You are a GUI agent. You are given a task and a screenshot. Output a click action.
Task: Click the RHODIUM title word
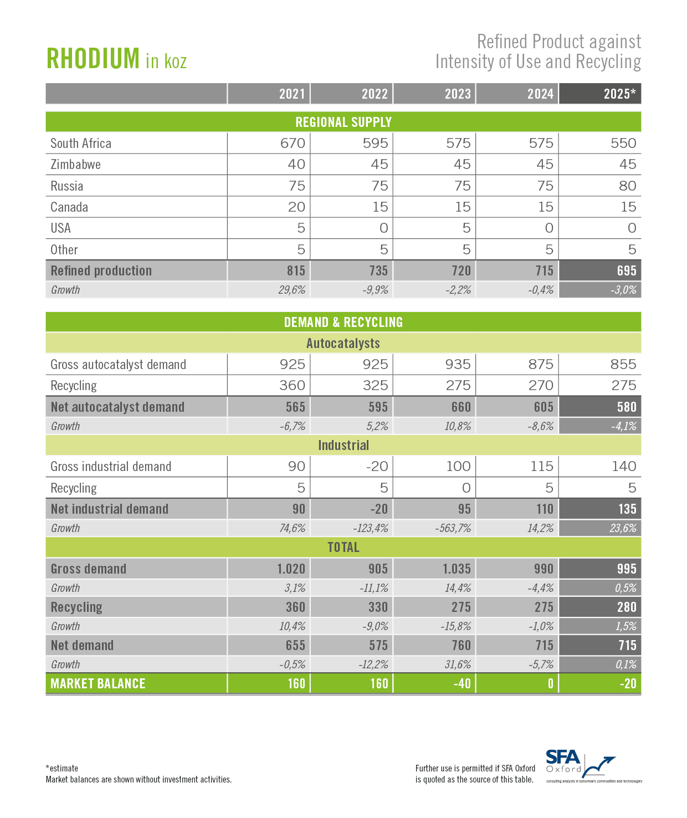[x=93, y=58]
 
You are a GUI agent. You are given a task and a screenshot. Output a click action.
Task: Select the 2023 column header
[x=457, y=94]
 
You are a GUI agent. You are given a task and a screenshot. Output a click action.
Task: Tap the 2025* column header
[x=619, y=94]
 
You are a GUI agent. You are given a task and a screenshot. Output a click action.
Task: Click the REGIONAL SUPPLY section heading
[x=343, y=122]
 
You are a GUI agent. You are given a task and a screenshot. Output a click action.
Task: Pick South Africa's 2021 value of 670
[x=293, y=143]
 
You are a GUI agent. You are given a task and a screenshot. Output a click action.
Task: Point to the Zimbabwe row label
[x=75, y=165]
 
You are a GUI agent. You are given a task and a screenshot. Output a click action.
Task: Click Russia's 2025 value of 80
[x=627, y=186]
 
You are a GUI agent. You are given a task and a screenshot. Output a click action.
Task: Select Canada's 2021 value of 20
[x=296, y=207]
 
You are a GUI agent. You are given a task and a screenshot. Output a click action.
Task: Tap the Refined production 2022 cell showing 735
[x=378, y=270]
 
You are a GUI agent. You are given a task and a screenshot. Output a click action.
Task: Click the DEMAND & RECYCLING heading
[x=343, y=322]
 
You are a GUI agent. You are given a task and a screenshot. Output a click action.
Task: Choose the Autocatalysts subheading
[x=343, y=343]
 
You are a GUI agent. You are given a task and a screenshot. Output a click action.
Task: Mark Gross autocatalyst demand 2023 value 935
[x=458, y=364]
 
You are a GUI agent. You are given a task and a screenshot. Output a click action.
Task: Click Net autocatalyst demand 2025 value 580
[x=627, y=407]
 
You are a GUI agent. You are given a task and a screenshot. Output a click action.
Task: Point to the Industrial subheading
[x=343, y=445]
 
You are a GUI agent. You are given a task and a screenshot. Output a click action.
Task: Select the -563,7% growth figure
[x=453, y=528]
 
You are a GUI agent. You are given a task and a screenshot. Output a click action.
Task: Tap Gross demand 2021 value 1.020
[x=291, y=569]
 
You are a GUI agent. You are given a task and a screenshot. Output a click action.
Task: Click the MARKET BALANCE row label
[x=98, y=683]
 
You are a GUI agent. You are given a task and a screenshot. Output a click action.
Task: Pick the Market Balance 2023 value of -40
[x=462, y=683]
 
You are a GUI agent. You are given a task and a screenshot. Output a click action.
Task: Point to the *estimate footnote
[x=62, y=768]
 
